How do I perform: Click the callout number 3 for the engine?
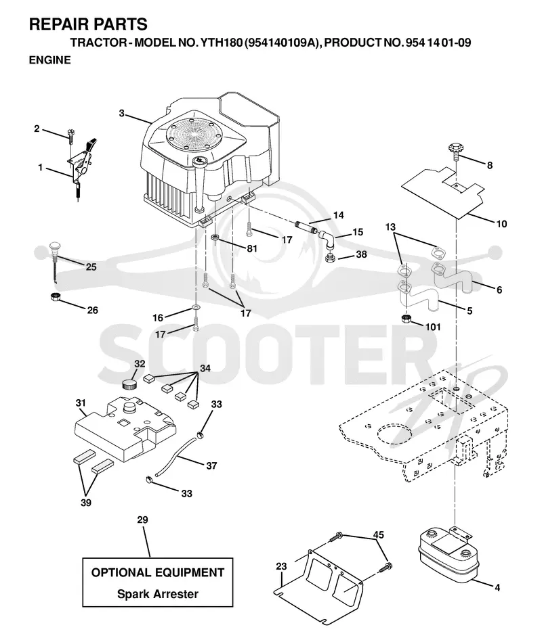click(x=121, y=113)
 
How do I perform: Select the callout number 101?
click(x=434, y=327)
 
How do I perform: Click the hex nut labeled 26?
click(x=56, y=297)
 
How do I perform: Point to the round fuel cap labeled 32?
click(x=130, y=384)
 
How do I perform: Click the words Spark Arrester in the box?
click(x=158, y=593)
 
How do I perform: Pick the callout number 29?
click(x=142, y=520)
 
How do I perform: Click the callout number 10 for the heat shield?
click(x=501, y=224)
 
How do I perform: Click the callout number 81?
click(x=252, y=248)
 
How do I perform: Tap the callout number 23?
click(x=281, y=566)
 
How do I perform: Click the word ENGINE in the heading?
click(x=49, y=60)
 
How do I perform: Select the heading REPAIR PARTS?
click(x=88, y=24)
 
